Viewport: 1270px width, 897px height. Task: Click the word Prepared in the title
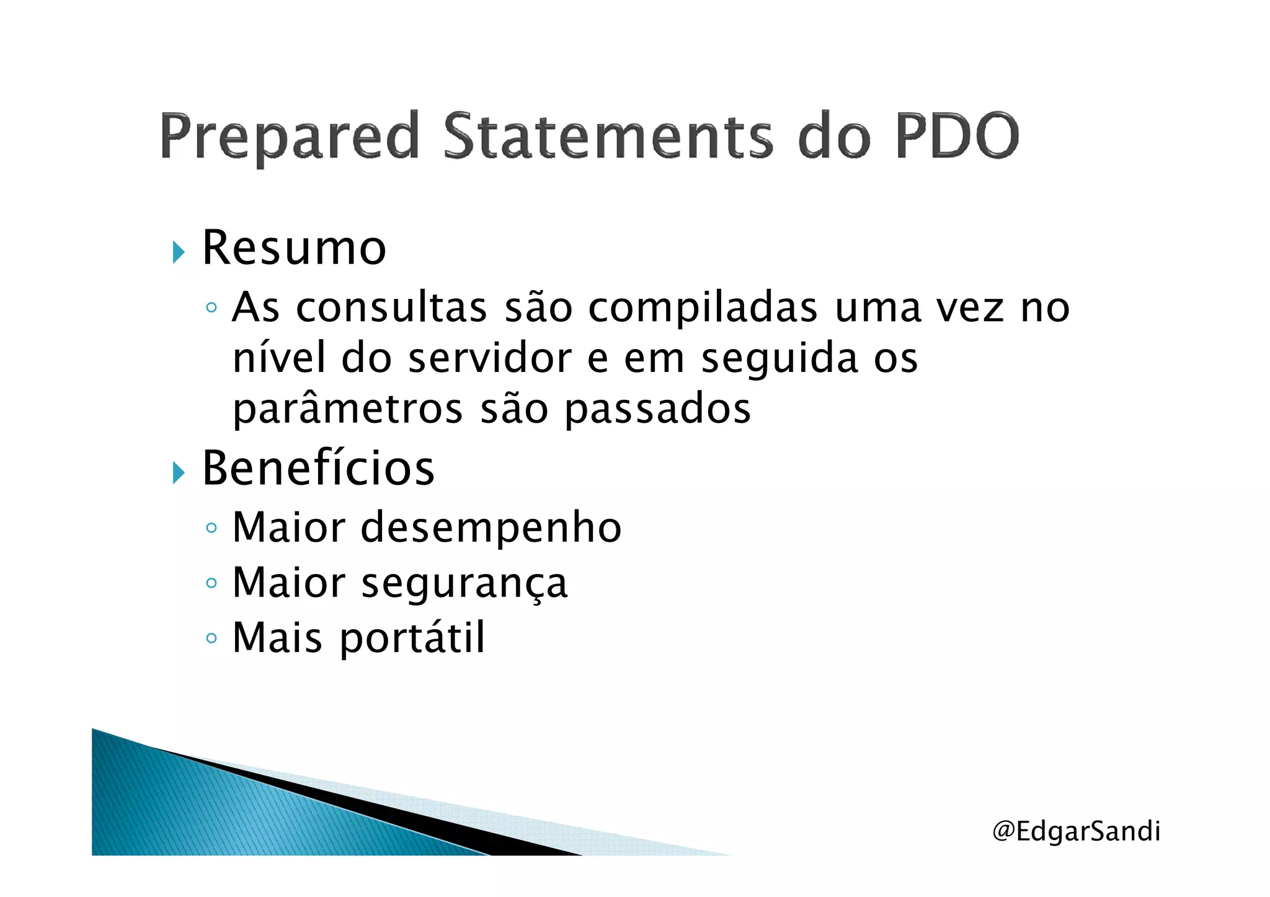click(290, 136)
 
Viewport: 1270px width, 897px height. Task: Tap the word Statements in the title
click(608, 136)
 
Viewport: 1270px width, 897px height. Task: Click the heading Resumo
click(294, 248)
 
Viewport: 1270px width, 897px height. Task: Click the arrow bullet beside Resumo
click(179, 252)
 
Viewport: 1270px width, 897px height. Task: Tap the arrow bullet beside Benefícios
click(179, 473)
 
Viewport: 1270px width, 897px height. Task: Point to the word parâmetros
click(348, 409)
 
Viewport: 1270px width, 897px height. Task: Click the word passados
click(658, 409)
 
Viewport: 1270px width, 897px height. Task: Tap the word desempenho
click(491, 528)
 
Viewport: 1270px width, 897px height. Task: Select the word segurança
click(464, 583)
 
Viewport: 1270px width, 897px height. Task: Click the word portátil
click(412, 637)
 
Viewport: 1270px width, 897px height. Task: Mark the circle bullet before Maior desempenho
click(211, 528)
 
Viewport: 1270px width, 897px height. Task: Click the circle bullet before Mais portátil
click(211, 638)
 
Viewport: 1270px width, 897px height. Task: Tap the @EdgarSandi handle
click(1076, 831)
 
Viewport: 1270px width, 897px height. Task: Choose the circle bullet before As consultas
click(211, 307)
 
